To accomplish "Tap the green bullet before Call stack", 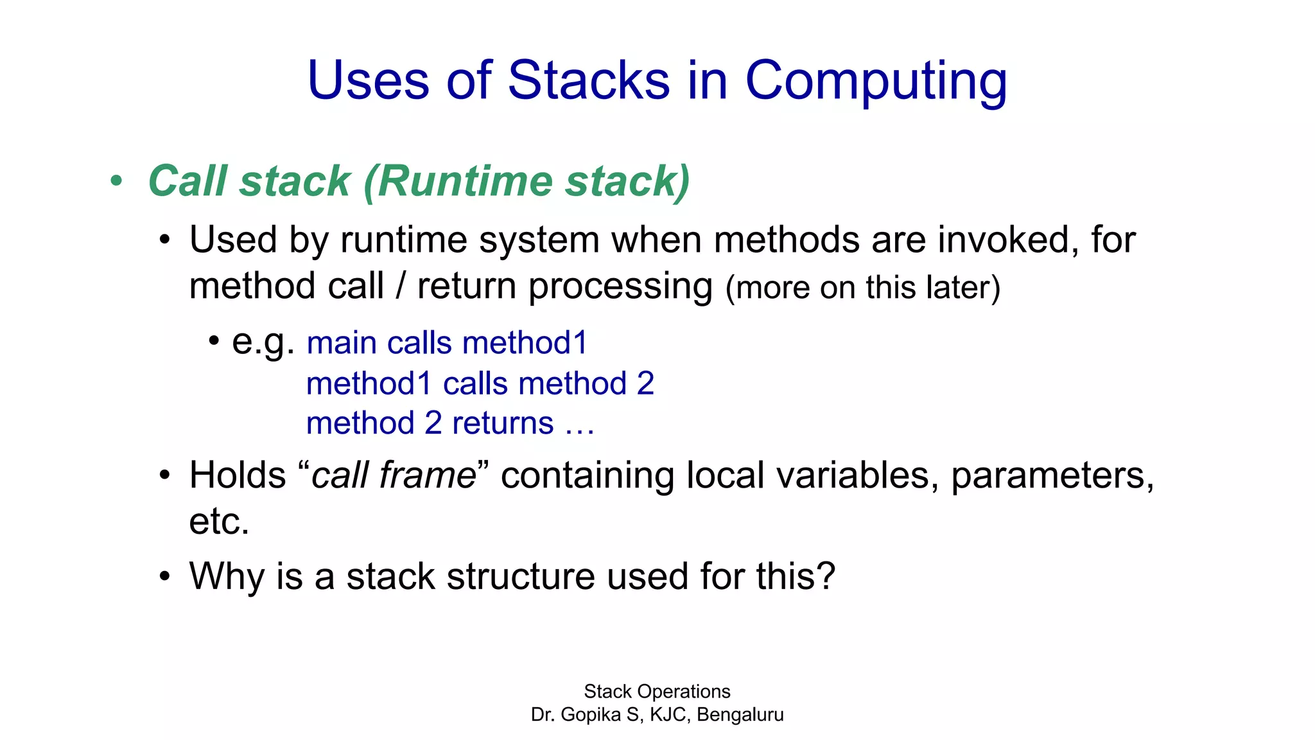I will [x=116, y=181].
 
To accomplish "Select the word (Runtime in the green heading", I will [x=459, y=181].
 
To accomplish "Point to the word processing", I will [x=620, y=286].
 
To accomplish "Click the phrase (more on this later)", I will [x=862, y=287].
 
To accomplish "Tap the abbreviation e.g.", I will [x=263, y=341].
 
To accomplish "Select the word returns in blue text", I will [x=503, y=423].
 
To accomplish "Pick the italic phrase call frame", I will [x=394, y=476].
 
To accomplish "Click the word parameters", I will [x=1052, y=476].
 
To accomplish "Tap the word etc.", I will [x=218, y=522].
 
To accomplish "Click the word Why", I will [x=226, y=576].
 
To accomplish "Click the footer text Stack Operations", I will [x=657, y=692].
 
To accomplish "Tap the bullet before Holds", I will [x=165, y=476].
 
